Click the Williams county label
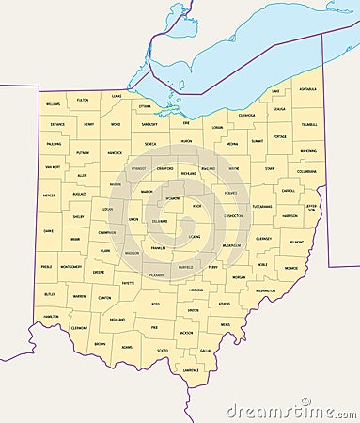click(x=53, y=104)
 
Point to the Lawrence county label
click(x=191, y=370)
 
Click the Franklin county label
click(x=158, y=248)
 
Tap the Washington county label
click(x=265, y=290)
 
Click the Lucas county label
click(x=117, y=96)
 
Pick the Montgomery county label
click(x=70, y=266)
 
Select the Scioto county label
click(x=163, y=351)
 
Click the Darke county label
click(x=48, y=230)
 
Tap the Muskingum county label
click(x=231, y=245)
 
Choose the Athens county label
click(x=224, y=304)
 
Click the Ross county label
click(x=156, y=304)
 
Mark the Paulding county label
click(x=54, y=144)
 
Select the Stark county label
click(x=269, y=169)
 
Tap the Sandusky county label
click(x=149, y=124)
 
